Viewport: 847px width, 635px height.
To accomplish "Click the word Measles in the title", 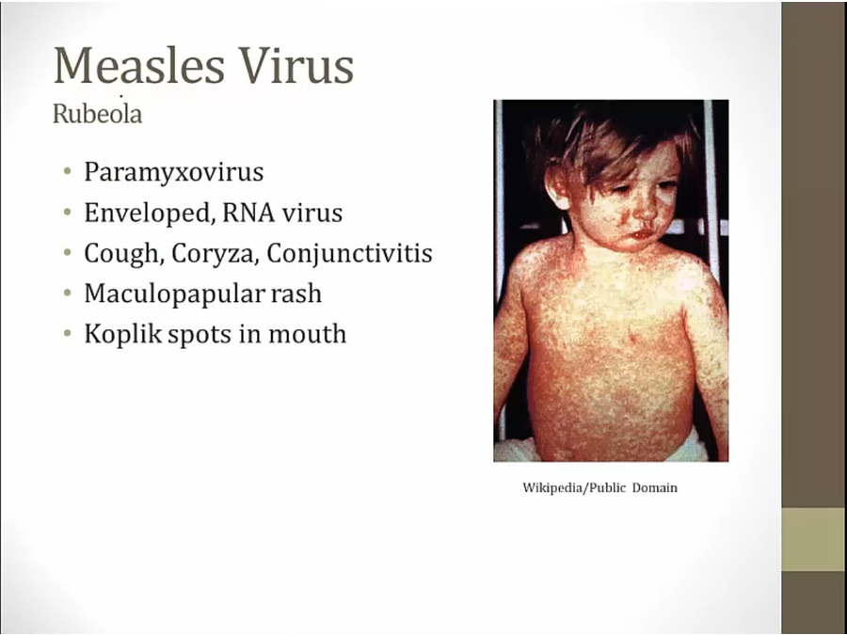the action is click(x=139, y=65).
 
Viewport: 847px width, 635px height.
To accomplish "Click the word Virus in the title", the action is click(x=296, y=65).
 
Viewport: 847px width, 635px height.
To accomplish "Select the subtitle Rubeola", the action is click(x=97, y=114).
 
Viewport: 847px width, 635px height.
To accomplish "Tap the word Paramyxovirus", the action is click(x=174, y=172).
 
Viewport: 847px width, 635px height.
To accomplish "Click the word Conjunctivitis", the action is click(x=349, y=253).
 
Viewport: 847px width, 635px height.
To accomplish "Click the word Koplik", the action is click(x=122, y=334).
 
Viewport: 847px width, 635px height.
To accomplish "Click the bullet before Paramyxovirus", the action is click(x=67, y=172).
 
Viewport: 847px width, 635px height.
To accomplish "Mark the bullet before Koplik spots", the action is click(x=67, y=334).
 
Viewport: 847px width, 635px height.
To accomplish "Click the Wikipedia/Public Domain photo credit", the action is click(x=599, y=488).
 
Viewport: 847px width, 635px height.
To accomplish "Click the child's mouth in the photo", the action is click(x=642, y=235).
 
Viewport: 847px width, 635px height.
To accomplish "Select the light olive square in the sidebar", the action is click(x=814, y=539).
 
